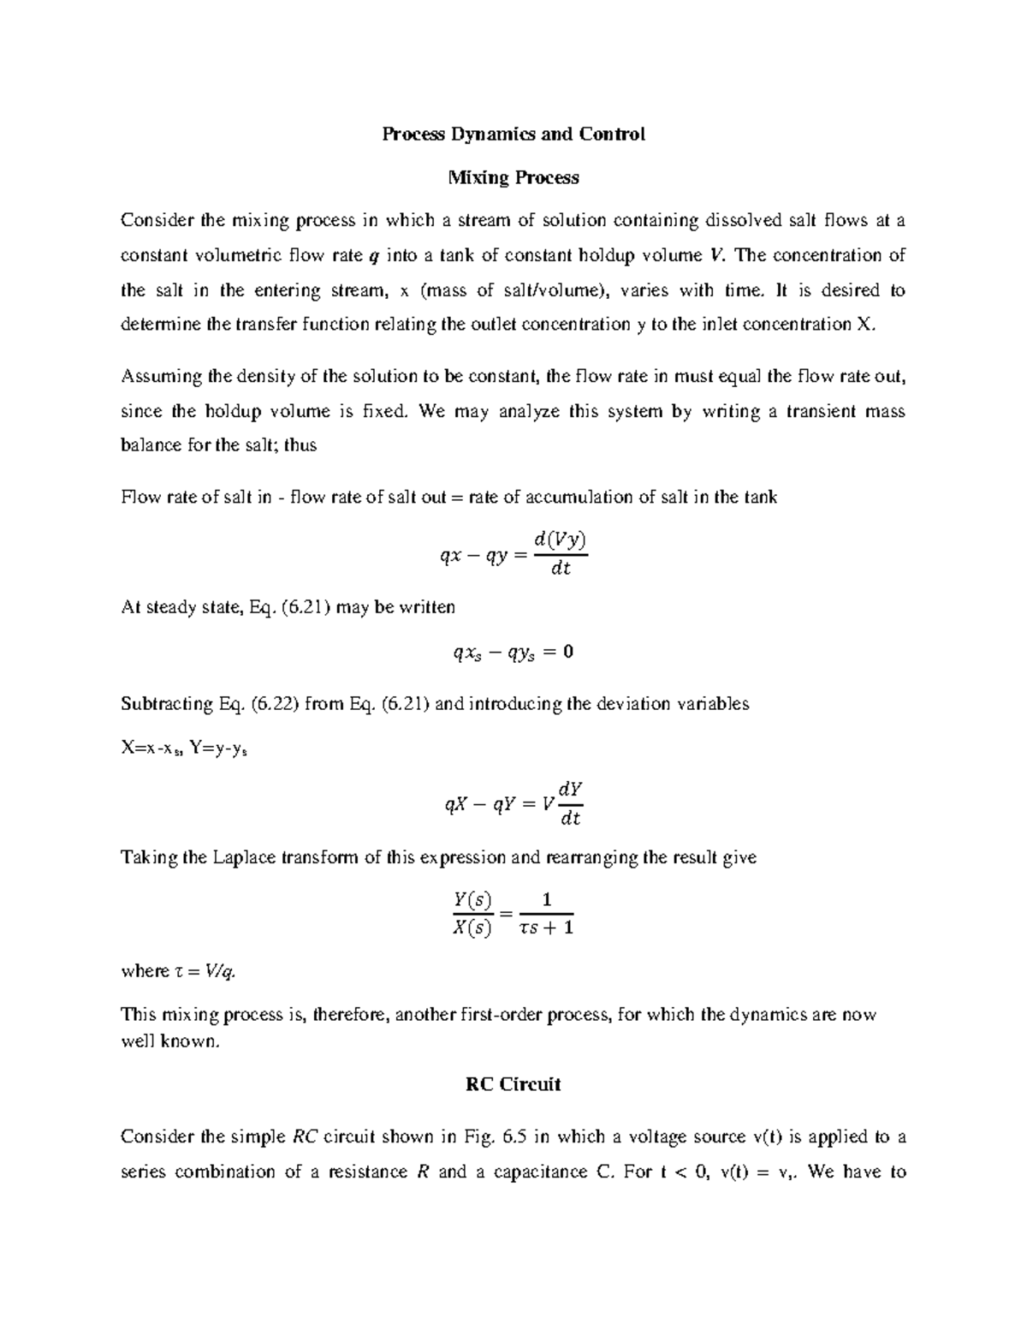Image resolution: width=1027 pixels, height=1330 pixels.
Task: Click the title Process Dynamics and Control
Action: coord(513,134)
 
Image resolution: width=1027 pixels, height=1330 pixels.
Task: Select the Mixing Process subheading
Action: coord(513,177)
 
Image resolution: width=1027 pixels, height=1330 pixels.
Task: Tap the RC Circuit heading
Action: coord(513,1084)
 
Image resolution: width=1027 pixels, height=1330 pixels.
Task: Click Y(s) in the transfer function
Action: coord(472,900)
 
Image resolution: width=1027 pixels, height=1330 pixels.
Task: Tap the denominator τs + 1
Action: coord(546,927)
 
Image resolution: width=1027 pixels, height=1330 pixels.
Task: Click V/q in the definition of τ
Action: coord(224,971)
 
